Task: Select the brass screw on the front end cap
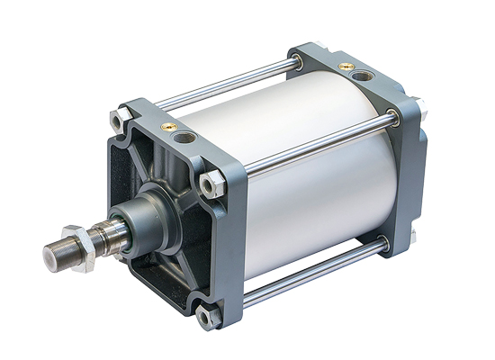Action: point(167,128)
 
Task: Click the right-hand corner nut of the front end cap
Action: point(210,184)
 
